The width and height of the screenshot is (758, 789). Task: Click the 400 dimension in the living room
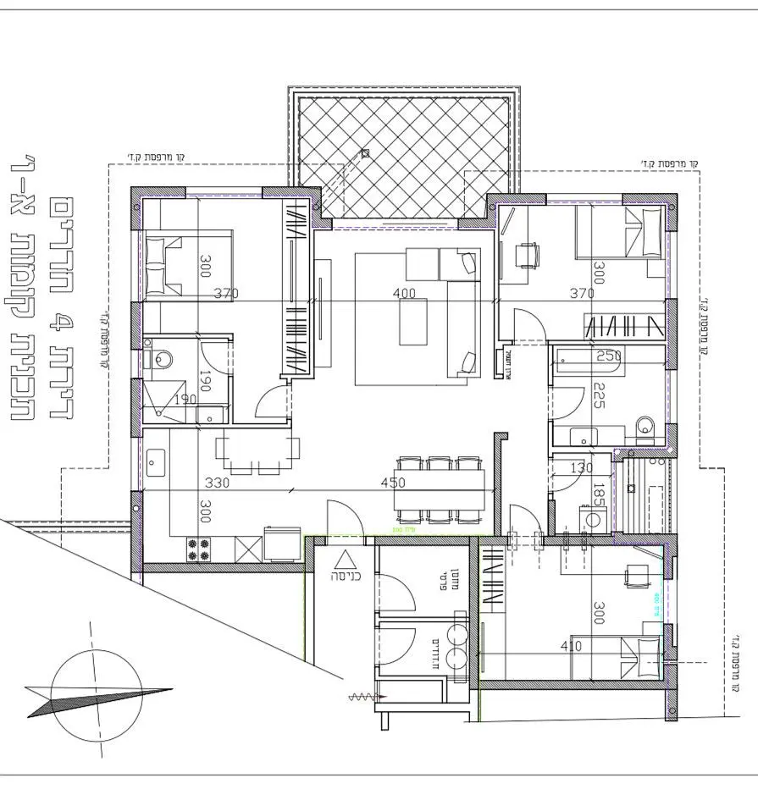pos(406,293)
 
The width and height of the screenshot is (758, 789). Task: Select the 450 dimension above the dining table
pos(393,483)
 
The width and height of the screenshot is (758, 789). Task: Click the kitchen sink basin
pos(155,462)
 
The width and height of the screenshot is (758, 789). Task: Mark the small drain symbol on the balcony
pos(365,153)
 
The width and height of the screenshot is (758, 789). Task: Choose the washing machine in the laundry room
pos(589,518)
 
